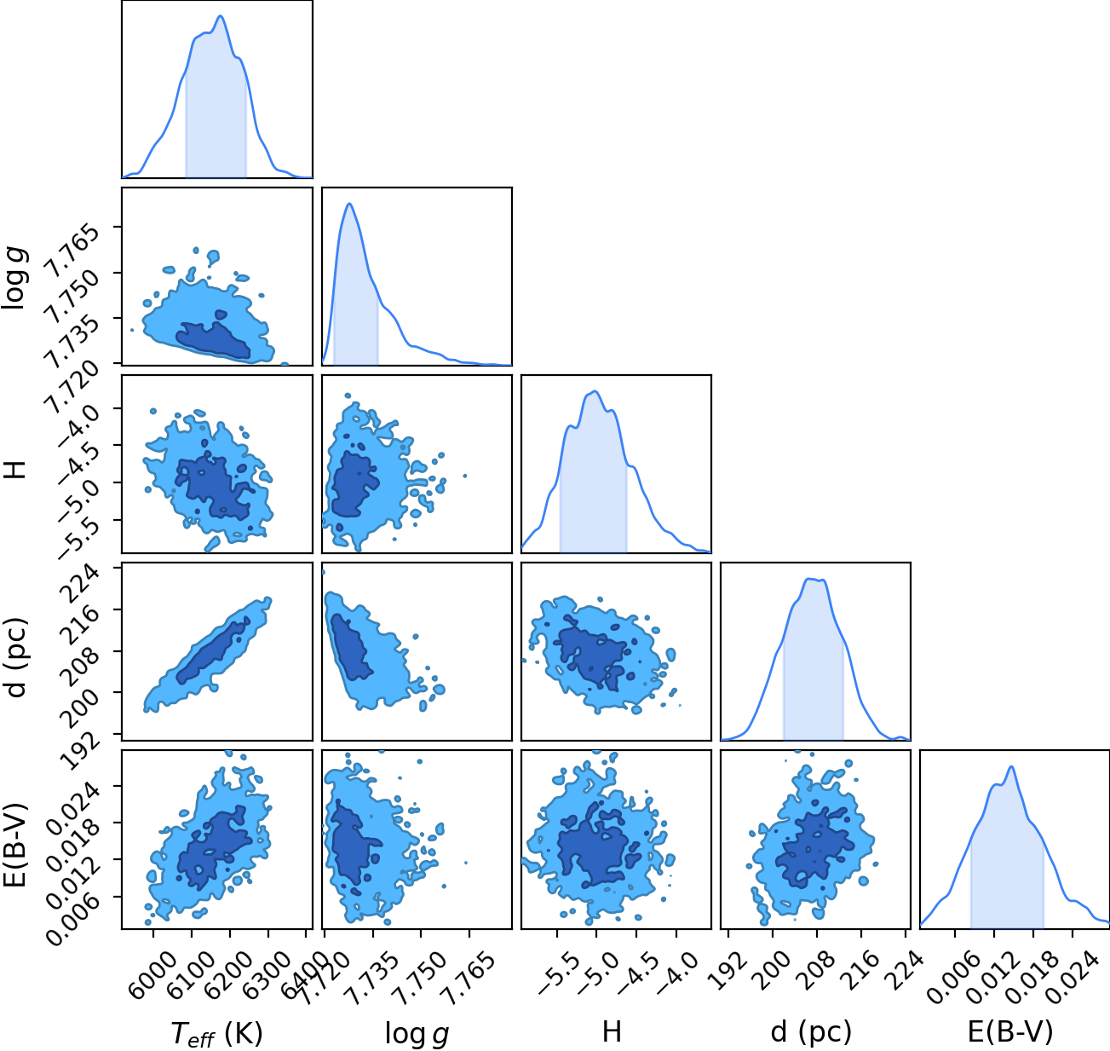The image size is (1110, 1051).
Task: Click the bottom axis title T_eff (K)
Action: click(x=217, y=1033)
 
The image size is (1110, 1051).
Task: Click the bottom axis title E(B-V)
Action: click(x=1010, y=1032)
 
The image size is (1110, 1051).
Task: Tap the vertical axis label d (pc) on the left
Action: click(x=16, y=658)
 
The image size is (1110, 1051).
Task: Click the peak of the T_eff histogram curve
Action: click(x=221, y=16)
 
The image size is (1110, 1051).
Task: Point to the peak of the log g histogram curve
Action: click(x=349, y=204)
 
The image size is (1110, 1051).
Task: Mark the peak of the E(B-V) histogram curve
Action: click(x=1011, y=766)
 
